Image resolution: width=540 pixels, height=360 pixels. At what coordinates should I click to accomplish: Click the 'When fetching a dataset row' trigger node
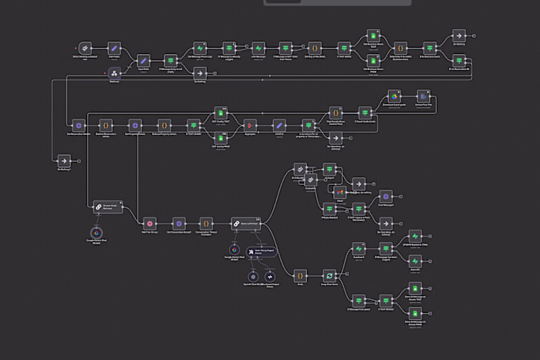pyautogui.click(x=85, y=48)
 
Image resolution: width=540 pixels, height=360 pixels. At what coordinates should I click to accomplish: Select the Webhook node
pyautogui.click(x=114, y=72)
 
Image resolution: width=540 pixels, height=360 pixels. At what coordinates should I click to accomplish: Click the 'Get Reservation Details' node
pyautogui.click(x=77, y=124)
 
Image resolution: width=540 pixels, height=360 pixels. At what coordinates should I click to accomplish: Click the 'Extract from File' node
pyautogui.click(x=423, y=97)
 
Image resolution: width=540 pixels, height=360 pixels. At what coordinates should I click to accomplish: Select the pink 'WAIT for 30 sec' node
pyautogui.click(x=150, y=222)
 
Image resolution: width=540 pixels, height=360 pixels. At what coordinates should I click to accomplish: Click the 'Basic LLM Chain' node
pyautogui.click(x=245, y=222)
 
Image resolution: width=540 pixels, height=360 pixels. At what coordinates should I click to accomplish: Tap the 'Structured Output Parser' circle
pyautogui.click(x=269, y=276)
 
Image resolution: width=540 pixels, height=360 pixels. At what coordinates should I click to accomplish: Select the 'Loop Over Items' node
pyautogui.click(x=329, y=274)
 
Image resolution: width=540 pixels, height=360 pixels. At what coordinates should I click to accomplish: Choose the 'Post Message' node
pyautogui.click(x=387, y=195)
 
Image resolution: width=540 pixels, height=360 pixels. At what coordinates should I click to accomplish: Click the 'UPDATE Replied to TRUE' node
pyautogui.click(x=414, y=235)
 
